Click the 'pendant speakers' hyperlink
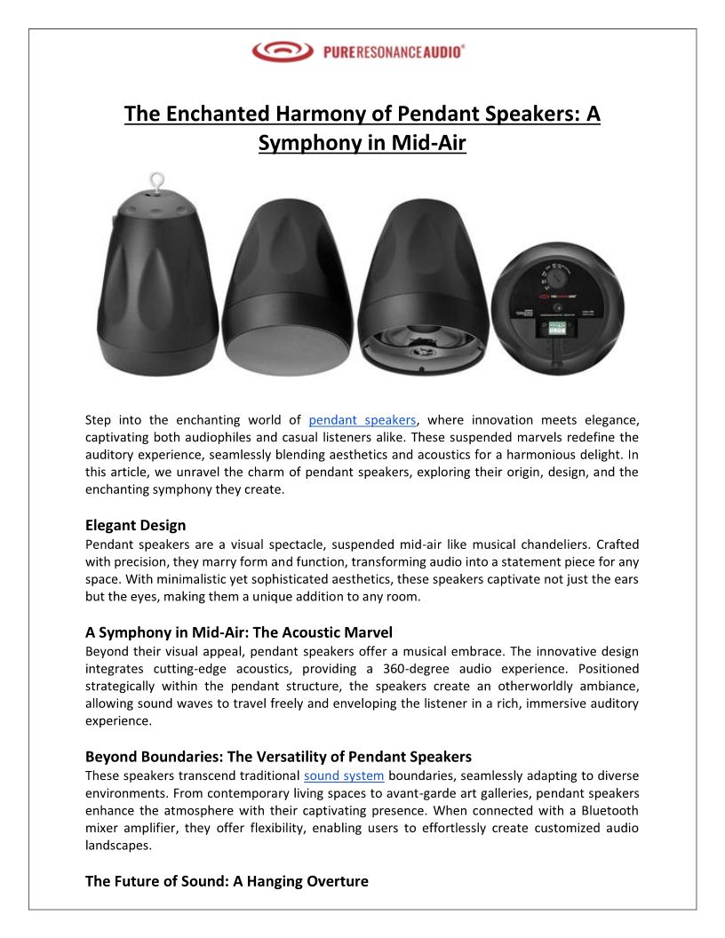(362, 420)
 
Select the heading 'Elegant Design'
(135, 525)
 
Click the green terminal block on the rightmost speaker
(556, 328)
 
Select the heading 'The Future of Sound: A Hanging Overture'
(227, 881)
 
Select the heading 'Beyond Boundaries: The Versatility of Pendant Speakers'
(278, 757)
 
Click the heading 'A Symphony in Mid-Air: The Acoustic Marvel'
(239, 632)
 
